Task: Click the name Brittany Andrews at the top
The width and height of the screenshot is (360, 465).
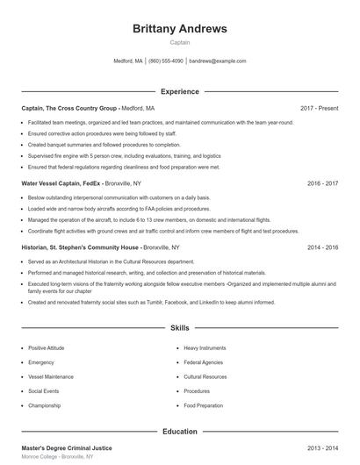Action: pos(179,28)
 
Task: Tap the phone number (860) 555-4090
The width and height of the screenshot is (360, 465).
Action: pos(166,61)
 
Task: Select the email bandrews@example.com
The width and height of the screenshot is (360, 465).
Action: pos(217,61)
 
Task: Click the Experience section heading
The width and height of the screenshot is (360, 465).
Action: pos(179,91)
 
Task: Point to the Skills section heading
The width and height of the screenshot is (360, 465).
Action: pos(179,328)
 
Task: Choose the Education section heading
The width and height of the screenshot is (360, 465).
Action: pos(179,432)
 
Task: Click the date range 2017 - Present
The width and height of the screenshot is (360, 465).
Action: pos(319,108)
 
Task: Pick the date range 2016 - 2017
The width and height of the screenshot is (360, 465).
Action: pos(322,183)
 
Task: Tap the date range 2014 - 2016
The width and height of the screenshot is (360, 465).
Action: pos(322,247)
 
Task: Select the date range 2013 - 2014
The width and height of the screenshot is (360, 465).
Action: pos(322,448)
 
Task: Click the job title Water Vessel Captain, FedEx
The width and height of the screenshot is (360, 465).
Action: pos(55,183)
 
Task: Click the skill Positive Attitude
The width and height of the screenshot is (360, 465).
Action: pos(46,348)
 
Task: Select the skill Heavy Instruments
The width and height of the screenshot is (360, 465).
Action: pos(205,348)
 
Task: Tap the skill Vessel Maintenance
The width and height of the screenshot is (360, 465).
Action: pos(50,376)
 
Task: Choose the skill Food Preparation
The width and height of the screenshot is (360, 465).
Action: pos(204,405)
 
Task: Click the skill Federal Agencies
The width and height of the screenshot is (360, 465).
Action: pos(203,362)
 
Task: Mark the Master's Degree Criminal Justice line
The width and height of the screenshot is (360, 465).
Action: pos(67,448)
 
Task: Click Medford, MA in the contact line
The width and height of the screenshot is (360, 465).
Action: pos(128,61)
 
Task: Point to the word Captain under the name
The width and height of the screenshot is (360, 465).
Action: pos(179,42)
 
